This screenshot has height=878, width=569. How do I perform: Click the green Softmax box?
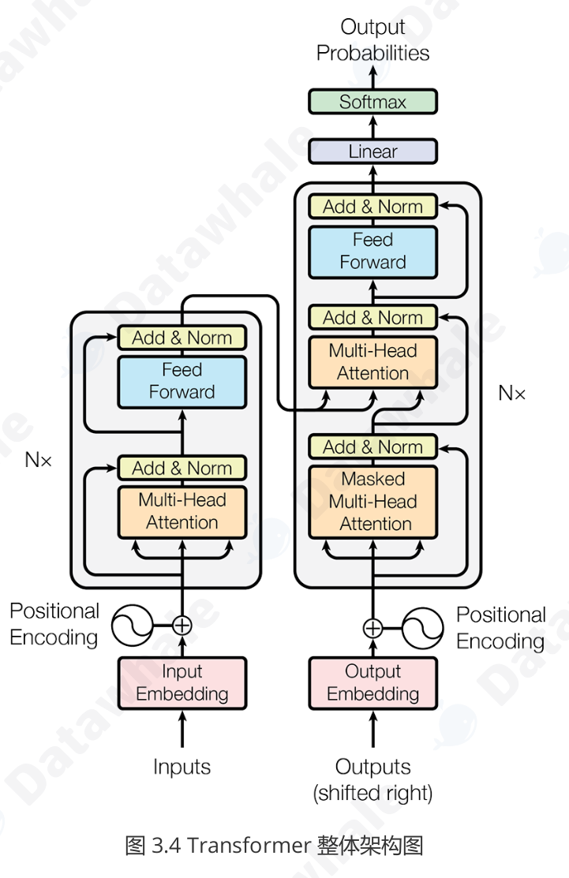pos(372,102)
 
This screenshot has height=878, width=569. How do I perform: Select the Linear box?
pos(372,151)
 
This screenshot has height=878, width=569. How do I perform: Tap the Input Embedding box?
pos(182,683)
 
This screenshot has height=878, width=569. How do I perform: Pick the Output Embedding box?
pos(372,683)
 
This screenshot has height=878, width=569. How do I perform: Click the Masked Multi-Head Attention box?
pos(372,502)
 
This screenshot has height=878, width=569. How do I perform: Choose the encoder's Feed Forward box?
pos(182,381)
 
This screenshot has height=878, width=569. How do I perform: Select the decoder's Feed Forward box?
pos(372,251)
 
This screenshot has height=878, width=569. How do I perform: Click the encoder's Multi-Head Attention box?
pos(182,511)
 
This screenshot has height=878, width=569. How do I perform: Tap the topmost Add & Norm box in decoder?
pos(372,207)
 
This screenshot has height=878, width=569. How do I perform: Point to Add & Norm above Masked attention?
pos(372,447)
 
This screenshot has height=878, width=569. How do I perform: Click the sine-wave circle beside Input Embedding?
pos(131,626)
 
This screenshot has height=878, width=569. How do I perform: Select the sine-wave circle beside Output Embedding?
pos(424,629)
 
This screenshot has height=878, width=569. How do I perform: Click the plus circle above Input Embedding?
pos(182,626)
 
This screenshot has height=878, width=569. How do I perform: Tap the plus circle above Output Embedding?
pos(372,629)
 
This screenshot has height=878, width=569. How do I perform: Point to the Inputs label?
pos(182,766)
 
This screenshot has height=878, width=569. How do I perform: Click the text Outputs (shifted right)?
pos(372,779)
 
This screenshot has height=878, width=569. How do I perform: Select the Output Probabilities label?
pos(372,39)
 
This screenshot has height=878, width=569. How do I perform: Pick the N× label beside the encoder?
pos(38,460)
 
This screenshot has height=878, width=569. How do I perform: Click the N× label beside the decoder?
pos(511,392)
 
